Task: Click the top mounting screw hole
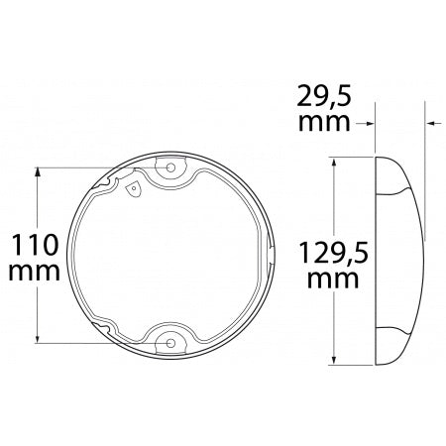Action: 171,167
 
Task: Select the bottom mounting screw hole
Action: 171,342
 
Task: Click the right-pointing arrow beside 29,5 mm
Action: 369,123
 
